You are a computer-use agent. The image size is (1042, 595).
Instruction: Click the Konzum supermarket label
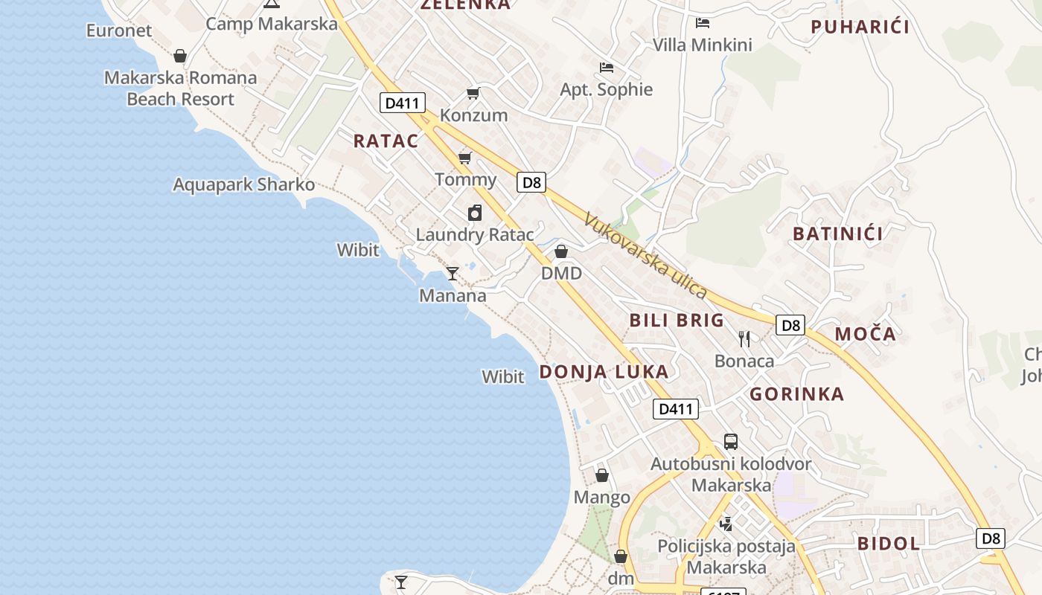pos(473,115)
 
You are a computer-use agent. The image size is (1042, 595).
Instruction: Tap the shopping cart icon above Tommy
pos(465,158)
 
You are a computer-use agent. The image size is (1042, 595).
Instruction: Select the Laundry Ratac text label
pos(474,234)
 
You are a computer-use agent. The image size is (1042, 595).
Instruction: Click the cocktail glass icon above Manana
pos(452,273)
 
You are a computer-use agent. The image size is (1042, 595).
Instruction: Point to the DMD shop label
pos(561,273)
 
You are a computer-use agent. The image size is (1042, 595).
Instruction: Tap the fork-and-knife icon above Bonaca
pos(744,339)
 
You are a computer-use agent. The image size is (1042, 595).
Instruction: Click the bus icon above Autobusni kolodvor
pos(731,442)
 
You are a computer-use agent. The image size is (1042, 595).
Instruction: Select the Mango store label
pos(602,497)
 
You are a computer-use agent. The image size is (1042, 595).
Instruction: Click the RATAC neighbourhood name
pos(386,141)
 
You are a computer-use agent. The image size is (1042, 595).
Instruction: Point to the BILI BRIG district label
pos(677,321)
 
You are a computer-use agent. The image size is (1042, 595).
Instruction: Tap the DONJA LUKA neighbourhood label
pos(604,372)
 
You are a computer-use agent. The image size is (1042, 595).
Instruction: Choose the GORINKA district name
pos(796,394)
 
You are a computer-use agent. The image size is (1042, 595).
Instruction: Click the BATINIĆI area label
pos(837,234)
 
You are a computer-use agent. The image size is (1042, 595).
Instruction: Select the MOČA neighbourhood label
pos(865,334)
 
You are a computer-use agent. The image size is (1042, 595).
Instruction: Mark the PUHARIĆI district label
pos(860,28)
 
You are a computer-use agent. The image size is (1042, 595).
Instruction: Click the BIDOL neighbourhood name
pos(889,543)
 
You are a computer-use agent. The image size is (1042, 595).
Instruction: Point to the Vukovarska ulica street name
pos(645,255)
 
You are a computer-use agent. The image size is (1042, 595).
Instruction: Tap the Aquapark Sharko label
pos(243,184)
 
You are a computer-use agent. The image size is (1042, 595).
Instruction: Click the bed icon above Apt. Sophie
pos(607,68)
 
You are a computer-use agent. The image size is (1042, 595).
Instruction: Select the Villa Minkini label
pos(702,45)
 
